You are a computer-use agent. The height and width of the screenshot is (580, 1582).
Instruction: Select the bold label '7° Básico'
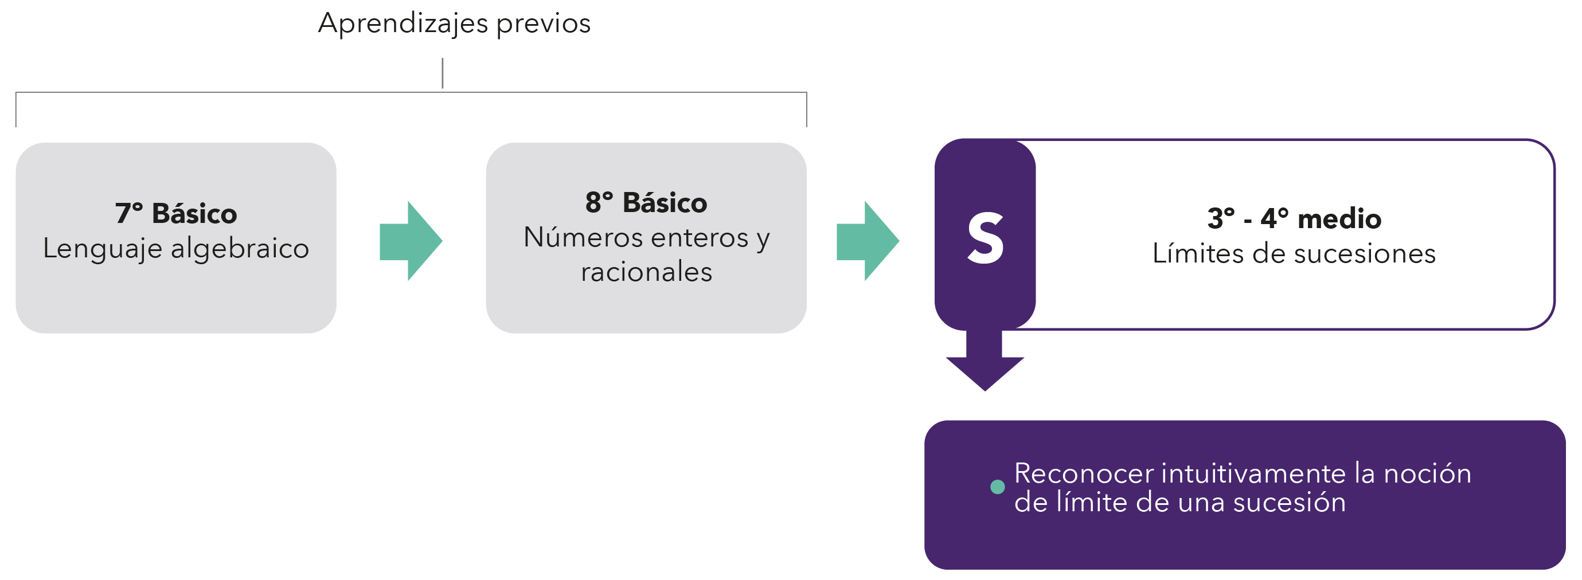point(175,214)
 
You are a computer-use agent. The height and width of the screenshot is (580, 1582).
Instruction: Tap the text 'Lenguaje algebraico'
point(175,249)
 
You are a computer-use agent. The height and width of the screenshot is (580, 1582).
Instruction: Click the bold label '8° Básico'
point(646,202)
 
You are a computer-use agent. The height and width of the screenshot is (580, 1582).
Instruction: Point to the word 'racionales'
point(646,272)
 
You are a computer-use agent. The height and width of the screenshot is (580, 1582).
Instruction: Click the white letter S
point(985,239)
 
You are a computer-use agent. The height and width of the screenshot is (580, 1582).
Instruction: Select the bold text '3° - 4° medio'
point(1294,218)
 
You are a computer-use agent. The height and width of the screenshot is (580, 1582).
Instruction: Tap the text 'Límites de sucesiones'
point(1294,253)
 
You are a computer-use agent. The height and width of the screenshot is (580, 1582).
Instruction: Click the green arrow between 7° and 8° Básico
point(410,241)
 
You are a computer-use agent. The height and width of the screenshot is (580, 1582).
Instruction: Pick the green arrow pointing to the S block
point(867,241)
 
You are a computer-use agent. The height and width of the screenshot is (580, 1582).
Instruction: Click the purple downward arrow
point(985,362)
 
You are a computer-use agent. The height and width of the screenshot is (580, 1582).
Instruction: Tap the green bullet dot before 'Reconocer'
point(997,487)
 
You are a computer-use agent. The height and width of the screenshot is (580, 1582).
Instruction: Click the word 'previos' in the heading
point(543,24)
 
